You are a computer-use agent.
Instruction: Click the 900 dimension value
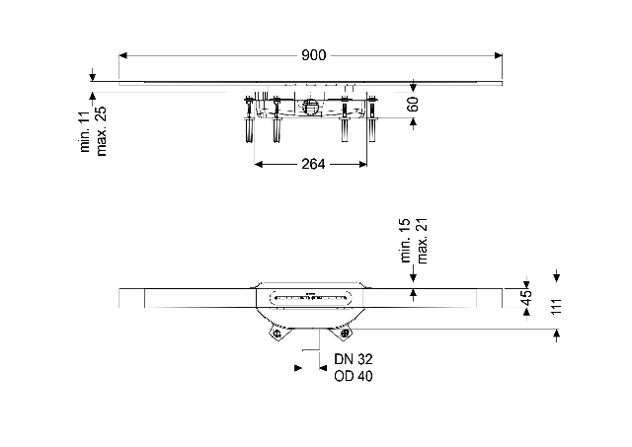[x=313, y=55]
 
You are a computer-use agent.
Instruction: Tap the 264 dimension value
[x=313, y=164]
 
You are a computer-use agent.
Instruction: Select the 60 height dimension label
[x=413, y=104]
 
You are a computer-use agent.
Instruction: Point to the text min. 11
[x=85, y=131]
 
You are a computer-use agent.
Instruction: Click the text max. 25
[x=101, y=131]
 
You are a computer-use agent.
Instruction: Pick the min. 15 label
[x=405, y=241]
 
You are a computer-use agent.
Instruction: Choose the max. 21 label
[x=422, y=241]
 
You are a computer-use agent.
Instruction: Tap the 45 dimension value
[x=526, y=298]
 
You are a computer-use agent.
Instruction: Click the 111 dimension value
[x=556, y=307]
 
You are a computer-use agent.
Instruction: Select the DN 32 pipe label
[x=354, y=359]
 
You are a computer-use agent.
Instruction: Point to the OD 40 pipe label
[x=354, y=376]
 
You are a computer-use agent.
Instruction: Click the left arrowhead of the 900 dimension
[x=122, y=55]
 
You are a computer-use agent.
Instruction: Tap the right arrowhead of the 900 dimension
[x=499, y=55]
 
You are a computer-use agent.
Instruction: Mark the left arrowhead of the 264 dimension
[x=259, y=164]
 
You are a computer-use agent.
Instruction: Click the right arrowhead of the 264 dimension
[x=362, y=164]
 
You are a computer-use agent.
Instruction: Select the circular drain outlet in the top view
[x=310, y=107]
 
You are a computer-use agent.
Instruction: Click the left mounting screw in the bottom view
[x=276, y=334]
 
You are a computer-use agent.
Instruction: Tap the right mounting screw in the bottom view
[x=345, y=334]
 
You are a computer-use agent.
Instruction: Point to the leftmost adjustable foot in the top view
[x=249, y=119]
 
